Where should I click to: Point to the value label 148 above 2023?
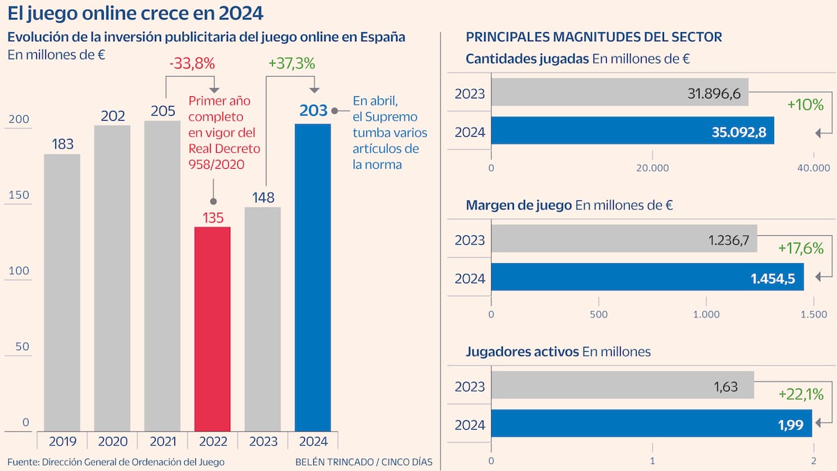(262, 197)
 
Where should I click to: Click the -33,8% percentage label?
(192, 63)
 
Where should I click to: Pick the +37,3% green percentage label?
(292, 63)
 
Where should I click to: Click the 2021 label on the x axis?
(162, 441)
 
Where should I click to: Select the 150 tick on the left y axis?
(19, 195)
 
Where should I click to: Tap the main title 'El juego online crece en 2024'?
(135, 13)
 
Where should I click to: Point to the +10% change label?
(805, 105)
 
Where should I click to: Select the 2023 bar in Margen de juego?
(624, 239)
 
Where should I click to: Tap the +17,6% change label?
(800, 248)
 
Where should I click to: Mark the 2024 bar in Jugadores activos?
(651, 424)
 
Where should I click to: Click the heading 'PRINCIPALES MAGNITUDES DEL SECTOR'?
(594, 36)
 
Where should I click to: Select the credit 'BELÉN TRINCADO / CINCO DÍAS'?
(363, 462)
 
